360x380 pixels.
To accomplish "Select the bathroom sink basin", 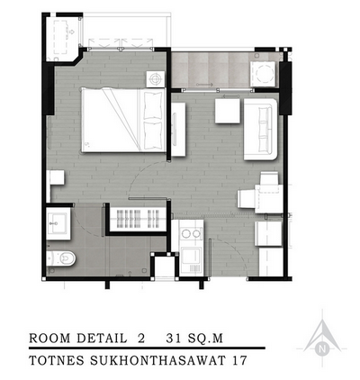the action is [57, 222].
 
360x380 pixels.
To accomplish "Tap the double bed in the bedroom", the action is [123, 120].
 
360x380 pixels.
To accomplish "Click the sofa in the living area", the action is [260, 129].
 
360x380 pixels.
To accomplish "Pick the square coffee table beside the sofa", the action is [228, 111].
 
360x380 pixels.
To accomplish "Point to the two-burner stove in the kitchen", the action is [191, 233].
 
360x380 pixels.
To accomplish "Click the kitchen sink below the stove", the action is [191, 256].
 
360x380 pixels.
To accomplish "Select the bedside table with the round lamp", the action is [156, 79].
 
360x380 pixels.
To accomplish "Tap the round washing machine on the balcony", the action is [264, 74].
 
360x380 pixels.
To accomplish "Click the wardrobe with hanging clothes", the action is [138, 219].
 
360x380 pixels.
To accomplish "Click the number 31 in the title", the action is [175, 339].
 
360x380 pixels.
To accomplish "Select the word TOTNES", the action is [57, 360].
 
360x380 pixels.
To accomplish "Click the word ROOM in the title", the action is [49, 339].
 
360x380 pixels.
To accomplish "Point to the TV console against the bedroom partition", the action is [178, 130].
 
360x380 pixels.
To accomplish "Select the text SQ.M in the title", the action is [205, 339].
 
